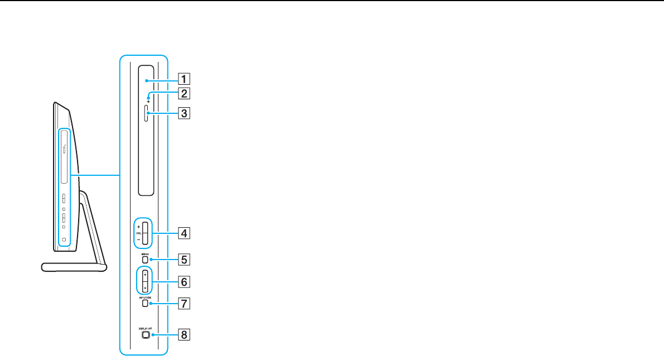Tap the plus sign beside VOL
[x=138, y=227]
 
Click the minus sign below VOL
[x=138, y=238]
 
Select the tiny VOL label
[x=138, y=233]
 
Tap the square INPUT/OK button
[x=145, y=305]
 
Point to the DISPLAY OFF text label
[x=145, y=328]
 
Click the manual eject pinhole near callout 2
[x=148, y=102]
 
